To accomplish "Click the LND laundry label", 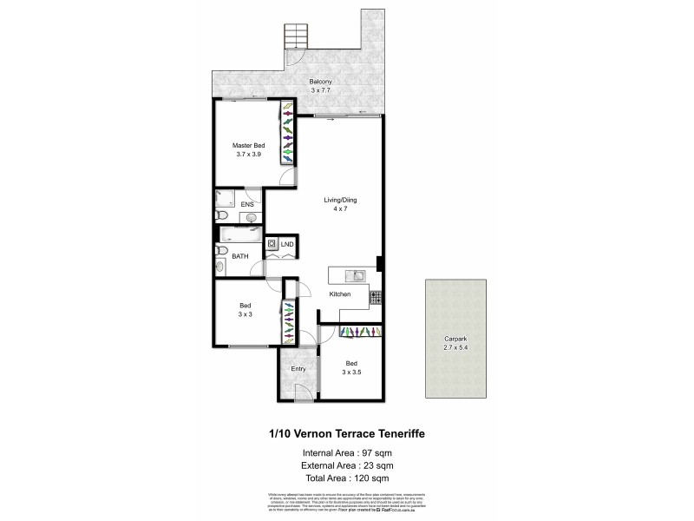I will click(x=287, y=245).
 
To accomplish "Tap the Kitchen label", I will click(x=339, y=295).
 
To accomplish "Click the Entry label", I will click(x=298, y=368).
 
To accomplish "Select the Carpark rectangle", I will click(x=455, y=338).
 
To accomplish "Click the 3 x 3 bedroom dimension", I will click(x=246, y=314).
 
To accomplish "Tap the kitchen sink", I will click(x=356, y=276).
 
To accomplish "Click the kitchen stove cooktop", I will click(x=376, y=297).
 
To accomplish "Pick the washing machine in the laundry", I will click(x=272, y=245).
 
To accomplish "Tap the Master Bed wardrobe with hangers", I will click(x=287, y=133).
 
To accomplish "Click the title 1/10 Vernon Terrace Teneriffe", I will click(x=346, y=432).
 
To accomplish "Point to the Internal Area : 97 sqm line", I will click(x=346, y=452).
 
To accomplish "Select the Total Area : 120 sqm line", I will click(x=346, y=478).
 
